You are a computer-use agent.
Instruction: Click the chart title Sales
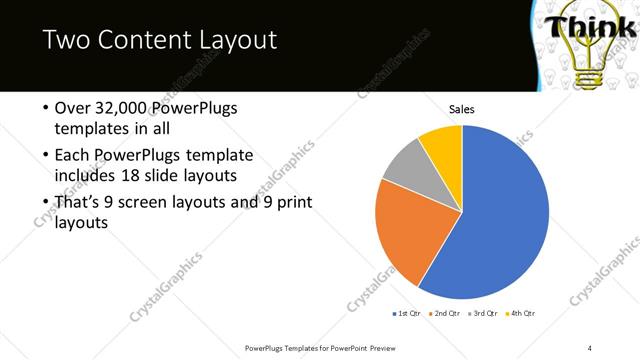(461, 109)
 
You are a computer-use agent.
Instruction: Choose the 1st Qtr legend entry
(409, 313)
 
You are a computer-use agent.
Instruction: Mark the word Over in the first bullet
(72, 107)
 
